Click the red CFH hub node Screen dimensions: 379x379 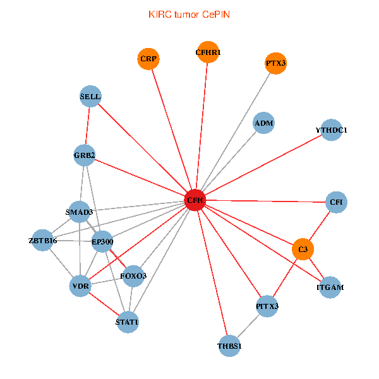(x=195, y=200)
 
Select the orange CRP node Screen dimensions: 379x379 (x=148, y=59)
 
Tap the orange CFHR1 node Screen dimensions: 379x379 (x=208, y=52)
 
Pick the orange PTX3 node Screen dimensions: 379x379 (x=275, y=63)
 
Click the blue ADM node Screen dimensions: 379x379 (x=263, y=123)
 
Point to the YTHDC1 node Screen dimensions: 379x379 (x=332, y=130)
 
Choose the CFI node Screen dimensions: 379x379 (x=336, y=202)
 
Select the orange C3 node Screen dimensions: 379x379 (x=303, y=250)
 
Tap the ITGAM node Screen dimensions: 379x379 (x=330, y=287)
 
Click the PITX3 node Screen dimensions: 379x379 (x=267, y=306)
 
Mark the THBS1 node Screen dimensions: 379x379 (x=229, y=346)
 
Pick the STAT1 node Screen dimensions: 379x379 (x=127, y=322)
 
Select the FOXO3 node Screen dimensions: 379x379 (x=133, y=276)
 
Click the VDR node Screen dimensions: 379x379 (x=81, y=286)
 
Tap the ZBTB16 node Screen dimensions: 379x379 (x=43, y=241)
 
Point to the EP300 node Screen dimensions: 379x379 (x=102, y=241)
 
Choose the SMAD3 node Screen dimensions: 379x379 (x=80, y=212)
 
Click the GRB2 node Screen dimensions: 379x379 (x=84, y=155)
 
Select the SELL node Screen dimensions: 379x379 (x=90, y=97)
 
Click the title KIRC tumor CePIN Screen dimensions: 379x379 (x=189, y=14)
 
